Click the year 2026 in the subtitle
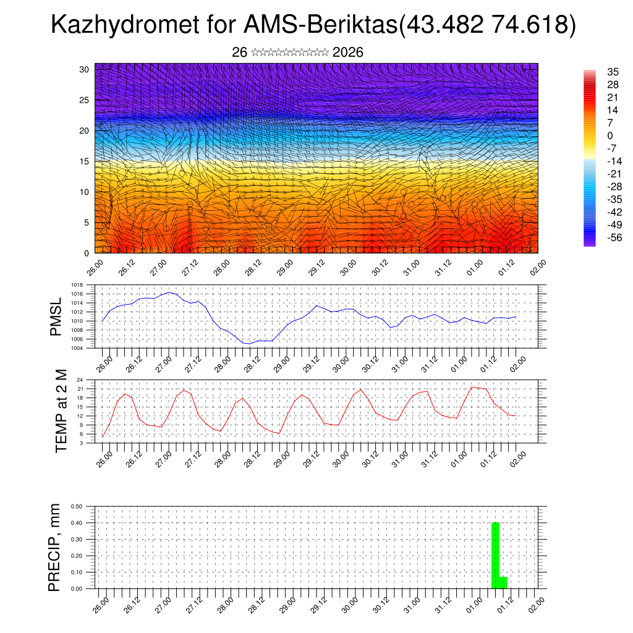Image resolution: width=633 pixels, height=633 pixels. [347, 53]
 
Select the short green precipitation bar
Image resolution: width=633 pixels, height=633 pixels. [503, 582]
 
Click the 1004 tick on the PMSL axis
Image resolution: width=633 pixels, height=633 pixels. [77, 348]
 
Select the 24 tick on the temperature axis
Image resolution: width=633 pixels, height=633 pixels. [80, 380]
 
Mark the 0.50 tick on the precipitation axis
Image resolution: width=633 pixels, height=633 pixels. [77, 506]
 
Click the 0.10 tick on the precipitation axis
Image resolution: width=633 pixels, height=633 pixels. [77, 572]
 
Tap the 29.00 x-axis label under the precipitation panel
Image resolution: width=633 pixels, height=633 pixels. [287, 605]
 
